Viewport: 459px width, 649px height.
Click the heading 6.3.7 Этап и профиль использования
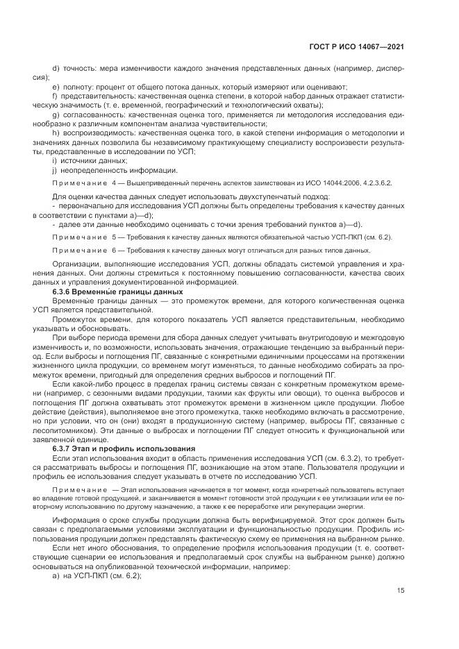point(114,449)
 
